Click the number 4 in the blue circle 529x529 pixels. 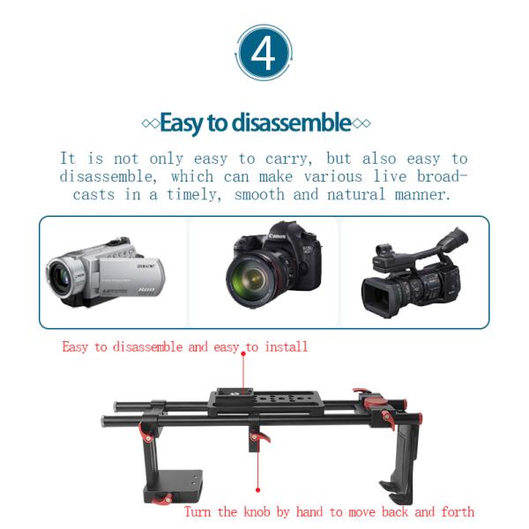[x=263, y=53]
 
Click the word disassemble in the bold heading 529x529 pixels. [x=292, y=123]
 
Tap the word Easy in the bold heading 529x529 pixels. [x=181, y=123]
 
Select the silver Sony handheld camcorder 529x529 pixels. [x=105, y=272]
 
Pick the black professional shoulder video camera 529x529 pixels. [x=415, y=272]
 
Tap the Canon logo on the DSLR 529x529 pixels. [x=278, y=235]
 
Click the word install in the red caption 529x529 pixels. [x=287, y=346]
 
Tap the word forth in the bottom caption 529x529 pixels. [x=458, y=511]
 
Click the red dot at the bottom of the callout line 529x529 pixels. [x=257, y=490]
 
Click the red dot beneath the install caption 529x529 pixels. [x=243, y=354]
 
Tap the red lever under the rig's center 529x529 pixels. [x=260, y=437]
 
